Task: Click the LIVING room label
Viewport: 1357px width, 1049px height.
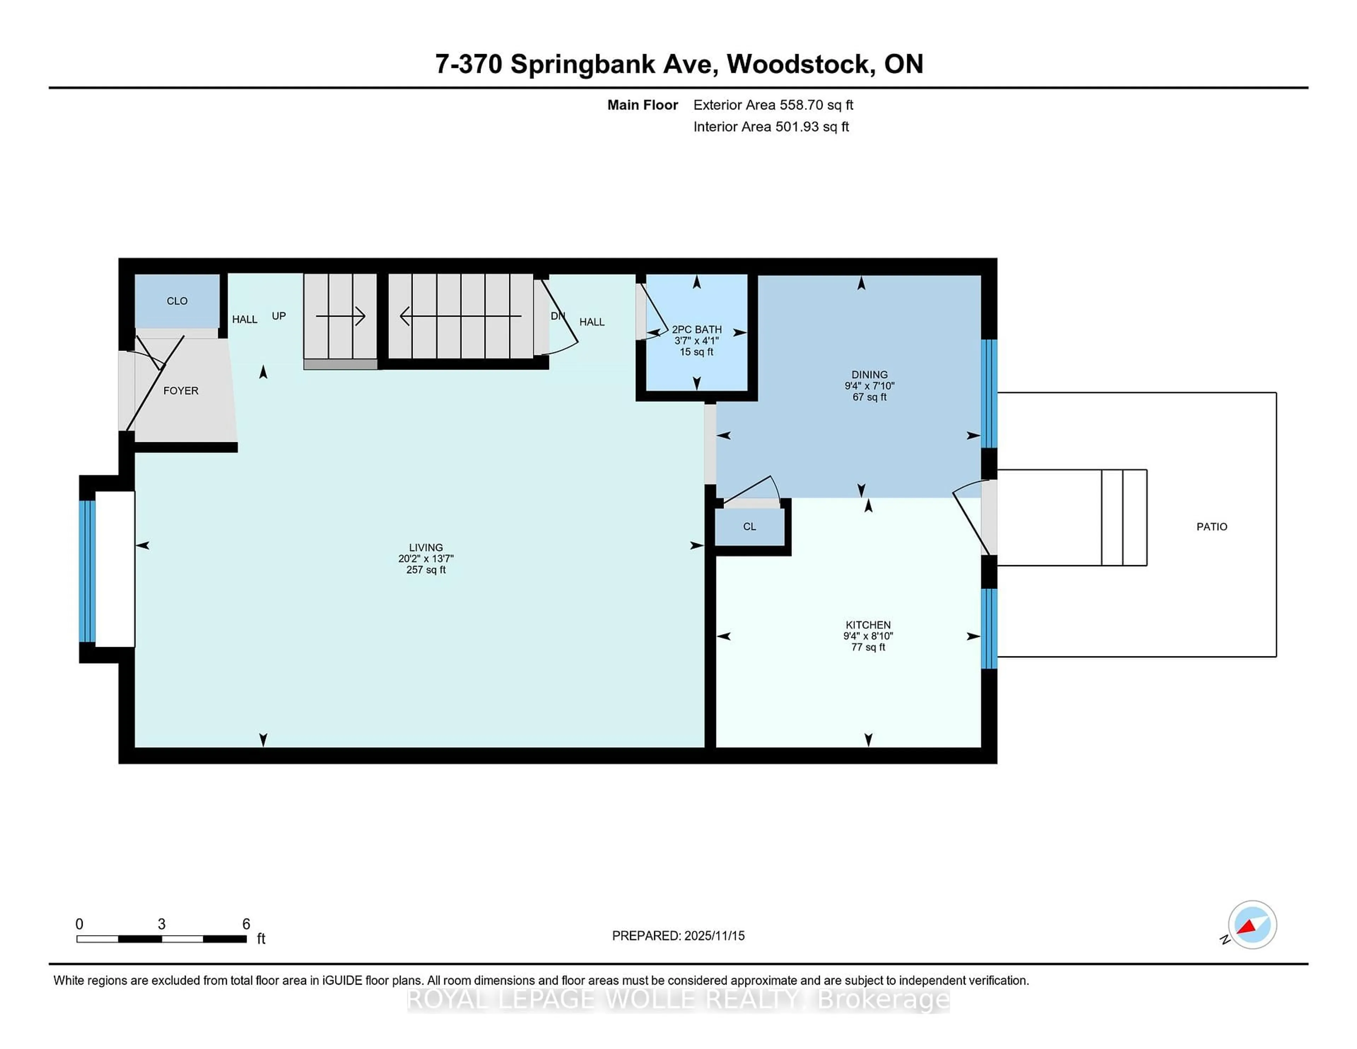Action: pos(425,547)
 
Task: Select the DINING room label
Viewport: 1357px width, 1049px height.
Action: pos(869,375)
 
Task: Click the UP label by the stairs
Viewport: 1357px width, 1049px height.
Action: pos(279,316)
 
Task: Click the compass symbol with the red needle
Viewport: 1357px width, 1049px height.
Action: pos(1252,924)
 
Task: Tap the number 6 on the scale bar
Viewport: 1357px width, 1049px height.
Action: pos(246,924)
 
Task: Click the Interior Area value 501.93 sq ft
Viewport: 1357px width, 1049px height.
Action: pos(811,127)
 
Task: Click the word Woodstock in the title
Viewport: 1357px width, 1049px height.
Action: pos(798,64)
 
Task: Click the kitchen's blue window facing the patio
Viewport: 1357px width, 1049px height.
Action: pos(988,628)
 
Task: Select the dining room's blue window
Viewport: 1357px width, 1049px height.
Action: pos(988,393)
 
